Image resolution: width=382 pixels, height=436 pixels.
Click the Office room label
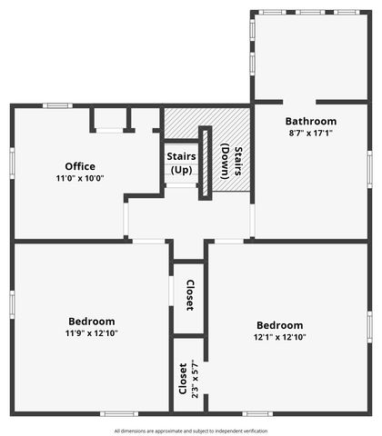click(80, 166)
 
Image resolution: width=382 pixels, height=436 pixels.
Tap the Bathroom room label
click(311, 121)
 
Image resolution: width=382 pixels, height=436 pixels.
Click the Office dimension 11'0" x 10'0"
click(80, 179)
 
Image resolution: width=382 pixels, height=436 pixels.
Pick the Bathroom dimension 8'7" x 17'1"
click(311, 133)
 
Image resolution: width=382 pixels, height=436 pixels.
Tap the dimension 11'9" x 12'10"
click(92, 332)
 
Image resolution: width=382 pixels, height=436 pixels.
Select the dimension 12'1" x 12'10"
click(279, 337)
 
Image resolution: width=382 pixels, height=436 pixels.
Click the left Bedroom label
click(92, 321)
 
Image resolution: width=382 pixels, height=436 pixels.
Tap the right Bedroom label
click(279, 325)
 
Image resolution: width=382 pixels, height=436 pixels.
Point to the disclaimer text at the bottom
click(191, 431)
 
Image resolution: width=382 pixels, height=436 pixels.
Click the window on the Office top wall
click(59, 106)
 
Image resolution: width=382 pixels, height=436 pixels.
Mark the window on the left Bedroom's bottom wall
click(118, 414)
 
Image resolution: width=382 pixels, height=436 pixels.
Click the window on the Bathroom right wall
click(369, 168)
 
